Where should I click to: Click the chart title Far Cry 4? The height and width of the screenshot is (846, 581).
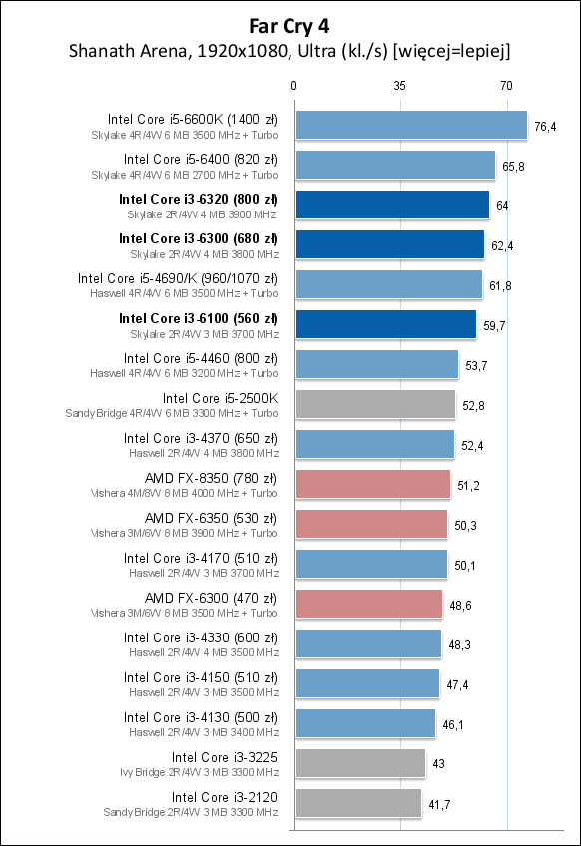290,26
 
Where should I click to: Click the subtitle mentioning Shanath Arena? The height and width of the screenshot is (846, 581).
290,50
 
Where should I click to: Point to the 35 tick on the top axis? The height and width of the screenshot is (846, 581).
399,86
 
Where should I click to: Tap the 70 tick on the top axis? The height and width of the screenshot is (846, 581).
506,86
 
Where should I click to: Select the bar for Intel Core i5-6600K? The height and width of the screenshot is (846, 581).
410,125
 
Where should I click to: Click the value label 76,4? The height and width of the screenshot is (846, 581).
545,126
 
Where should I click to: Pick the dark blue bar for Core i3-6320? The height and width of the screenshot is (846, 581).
391,205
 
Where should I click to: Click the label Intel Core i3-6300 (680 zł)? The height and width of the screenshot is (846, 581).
198,238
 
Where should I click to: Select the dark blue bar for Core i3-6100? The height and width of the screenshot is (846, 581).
385,324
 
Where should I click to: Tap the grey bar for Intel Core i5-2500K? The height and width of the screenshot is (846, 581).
374,404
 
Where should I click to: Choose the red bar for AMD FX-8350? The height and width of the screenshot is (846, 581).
372,484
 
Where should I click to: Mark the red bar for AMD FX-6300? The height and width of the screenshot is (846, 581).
368,604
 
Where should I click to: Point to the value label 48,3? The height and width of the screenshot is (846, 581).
459,644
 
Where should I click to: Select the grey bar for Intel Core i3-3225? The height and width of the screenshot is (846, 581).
359,763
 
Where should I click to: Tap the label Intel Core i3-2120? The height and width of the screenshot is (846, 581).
224,797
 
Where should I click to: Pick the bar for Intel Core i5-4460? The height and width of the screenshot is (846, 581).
376,364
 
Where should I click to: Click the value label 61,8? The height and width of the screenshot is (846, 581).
500,285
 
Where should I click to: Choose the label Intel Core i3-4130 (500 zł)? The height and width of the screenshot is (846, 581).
201,717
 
